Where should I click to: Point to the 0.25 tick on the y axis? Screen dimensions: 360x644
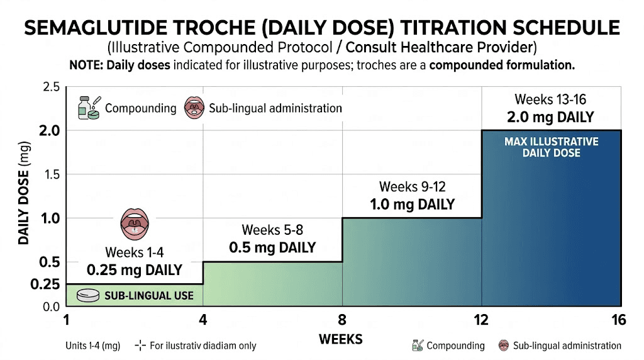point(45,284)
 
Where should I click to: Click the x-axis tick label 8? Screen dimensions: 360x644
point(341,320)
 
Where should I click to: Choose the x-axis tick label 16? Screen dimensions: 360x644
point(619,320)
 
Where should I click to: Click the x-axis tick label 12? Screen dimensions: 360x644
point(481,320)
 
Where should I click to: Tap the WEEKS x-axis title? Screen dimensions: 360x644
point(341,339)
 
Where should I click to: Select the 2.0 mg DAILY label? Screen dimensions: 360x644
point(550,117)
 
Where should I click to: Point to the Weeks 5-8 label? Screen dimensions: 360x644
point(272,230)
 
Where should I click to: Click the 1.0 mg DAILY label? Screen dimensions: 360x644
point(411,205)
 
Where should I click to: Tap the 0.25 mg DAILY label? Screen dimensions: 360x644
point(134,270)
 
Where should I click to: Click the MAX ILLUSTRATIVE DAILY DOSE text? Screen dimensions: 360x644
point(551,147)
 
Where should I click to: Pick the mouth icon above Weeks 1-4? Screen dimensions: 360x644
point(134,223)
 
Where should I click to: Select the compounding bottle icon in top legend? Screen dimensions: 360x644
point(87,108)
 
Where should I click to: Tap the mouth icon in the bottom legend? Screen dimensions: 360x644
point(503,346)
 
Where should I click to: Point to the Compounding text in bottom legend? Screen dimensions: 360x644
point(455,346)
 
